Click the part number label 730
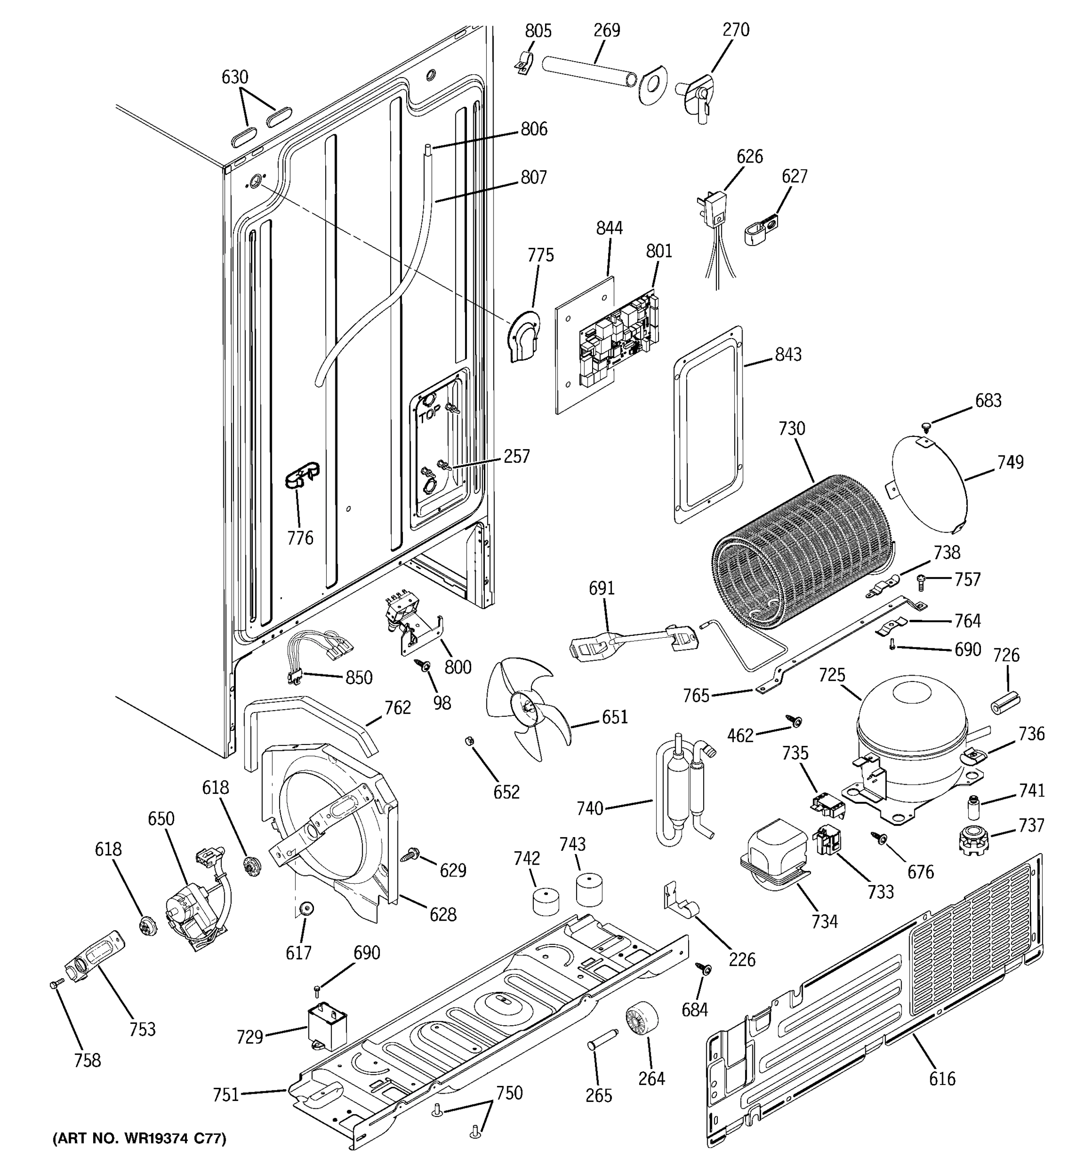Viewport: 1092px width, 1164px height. pos(792,429)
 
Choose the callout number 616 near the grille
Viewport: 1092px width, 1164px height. pos(942,1079)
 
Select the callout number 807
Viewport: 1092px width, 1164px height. pos(534,178)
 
